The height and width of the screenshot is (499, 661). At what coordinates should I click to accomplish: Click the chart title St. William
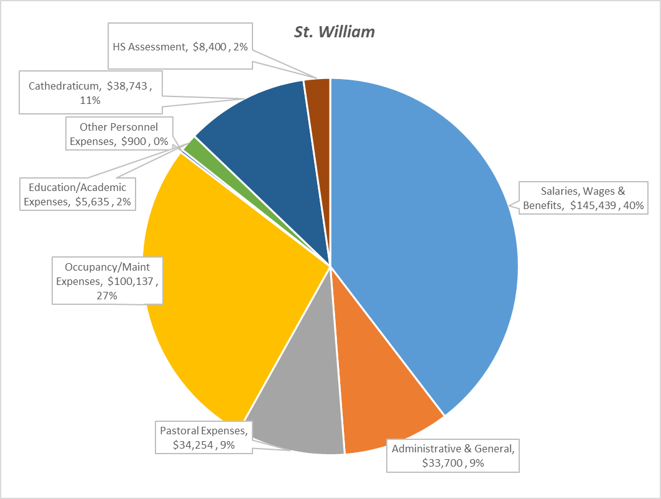coord(335,32)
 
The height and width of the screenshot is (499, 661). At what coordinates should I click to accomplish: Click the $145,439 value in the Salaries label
coord(591,206)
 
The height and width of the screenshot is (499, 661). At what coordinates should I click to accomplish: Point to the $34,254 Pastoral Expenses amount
coord(193,445)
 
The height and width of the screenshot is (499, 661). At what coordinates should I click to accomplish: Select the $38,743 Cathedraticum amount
coord(127,86)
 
